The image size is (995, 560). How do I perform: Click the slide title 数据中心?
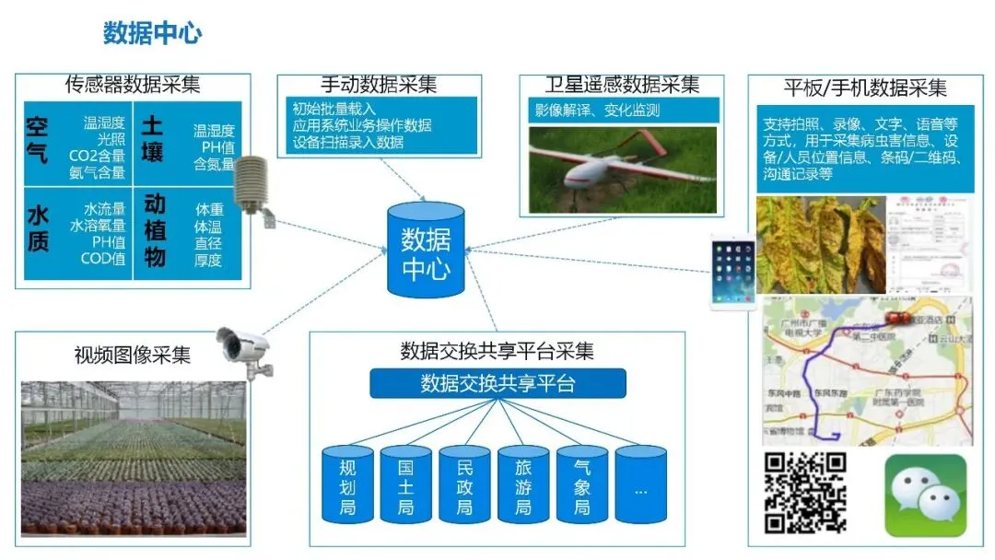152,34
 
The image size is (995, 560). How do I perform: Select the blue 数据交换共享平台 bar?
497,382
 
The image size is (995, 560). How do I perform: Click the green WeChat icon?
926,495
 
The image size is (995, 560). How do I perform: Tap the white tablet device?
732,271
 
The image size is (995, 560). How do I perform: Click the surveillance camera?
245,349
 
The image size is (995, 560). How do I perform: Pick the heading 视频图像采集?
133,355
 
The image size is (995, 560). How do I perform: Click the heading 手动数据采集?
378,85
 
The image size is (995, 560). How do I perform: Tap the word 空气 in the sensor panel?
38,138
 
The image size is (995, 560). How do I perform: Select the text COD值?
103,259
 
